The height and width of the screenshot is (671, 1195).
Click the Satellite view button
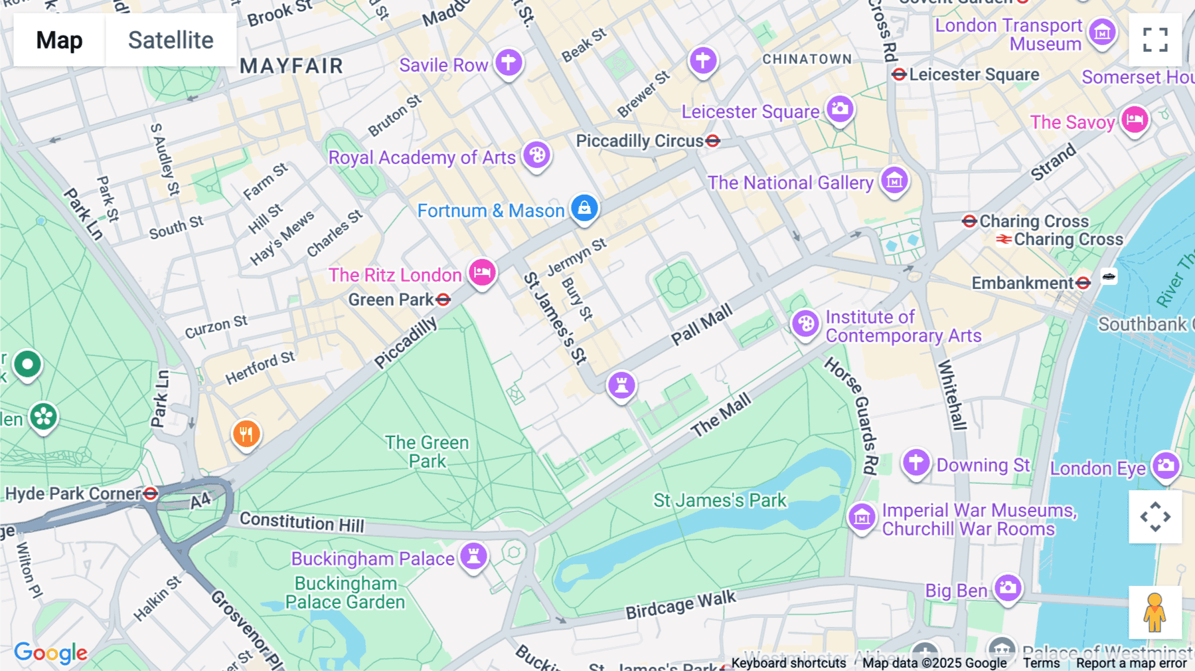pyautogui.click(x=171, y=40)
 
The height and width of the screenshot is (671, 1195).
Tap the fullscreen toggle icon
pyautogui.click(x=1155, y=40)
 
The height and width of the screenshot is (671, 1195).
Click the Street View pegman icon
pyautogui.click(x=1155, y=613)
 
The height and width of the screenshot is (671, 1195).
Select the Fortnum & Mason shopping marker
pyautogui.click(x=584, y=208)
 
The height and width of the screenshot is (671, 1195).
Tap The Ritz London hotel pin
pyautogui.click(x=482, y=272)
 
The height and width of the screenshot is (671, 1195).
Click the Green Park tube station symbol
pyautogui.click(x=443, y=300)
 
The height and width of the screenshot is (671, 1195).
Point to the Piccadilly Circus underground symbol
pyautogui.click(x=713, y=141)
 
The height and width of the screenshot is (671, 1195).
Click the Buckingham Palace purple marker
pyautogui.click(x=474, y=555)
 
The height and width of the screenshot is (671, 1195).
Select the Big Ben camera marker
pyautogui.click(x=1008, y=587)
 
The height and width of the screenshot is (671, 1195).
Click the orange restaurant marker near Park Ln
pyautogui.click(x=246, y=434)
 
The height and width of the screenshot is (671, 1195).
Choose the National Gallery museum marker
pyautogui.click(x=894, y=179)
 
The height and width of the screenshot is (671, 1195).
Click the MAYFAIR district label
pyautogui.click(x=291, y=66)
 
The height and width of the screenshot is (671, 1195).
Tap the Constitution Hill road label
pyautogui.click(x=302, y=522)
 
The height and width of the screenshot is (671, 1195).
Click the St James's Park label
pyautogui.click(x=720, y=500)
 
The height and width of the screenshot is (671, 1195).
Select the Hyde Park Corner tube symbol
pyautogui.click(x=151, y=494)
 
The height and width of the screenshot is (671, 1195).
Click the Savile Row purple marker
pyautogui.click(x=509, y=62)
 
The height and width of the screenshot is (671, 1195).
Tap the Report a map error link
pyautogui.click(x=1131, y=663)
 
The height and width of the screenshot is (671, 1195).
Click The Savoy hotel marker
pyautogui.click(x=1135, y=120)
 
